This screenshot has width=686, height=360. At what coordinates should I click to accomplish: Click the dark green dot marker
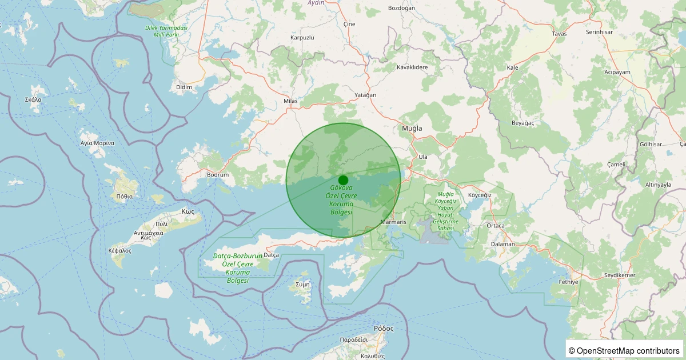coord(343,180)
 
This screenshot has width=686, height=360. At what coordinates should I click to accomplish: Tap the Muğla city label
coord(412,129)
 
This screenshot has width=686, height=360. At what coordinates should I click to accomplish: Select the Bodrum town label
coord(218,175)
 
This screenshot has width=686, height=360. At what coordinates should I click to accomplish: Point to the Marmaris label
coord(393,222)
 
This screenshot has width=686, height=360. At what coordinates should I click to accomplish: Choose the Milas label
coord(291,101)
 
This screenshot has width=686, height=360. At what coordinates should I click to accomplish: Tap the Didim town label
coord(184,87)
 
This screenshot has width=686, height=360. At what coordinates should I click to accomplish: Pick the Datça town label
coord(271,255)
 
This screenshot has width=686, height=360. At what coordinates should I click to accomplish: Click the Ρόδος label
coord(384,329)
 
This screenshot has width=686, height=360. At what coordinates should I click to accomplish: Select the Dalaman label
coord(503,244)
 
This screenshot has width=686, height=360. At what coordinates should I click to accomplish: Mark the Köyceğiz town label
coord(480,195)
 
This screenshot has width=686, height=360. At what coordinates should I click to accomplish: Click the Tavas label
coord(559,34)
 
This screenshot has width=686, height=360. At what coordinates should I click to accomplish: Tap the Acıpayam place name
coord(617,73)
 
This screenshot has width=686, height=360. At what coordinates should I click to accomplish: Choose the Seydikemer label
coord(620,276)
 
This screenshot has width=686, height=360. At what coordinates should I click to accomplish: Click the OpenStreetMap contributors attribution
coord(625,350)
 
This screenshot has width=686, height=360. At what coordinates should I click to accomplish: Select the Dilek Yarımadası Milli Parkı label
coord(166,31)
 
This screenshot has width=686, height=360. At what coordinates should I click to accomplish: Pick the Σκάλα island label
coord(33,99)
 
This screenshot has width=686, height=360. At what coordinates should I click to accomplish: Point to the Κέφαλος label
coord(120,251)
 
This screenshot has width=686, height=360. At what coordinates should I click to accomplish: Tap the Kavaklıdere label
coord(412,67)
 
